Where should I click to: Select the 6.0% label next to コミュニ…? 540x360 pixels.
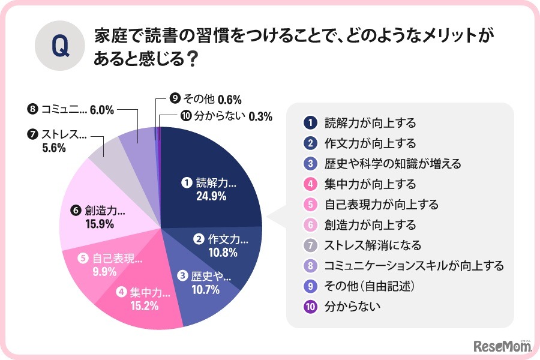click(x=101, y=110)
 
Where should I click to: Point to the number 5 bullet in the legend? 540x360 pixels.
click(x=310, y=204)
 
